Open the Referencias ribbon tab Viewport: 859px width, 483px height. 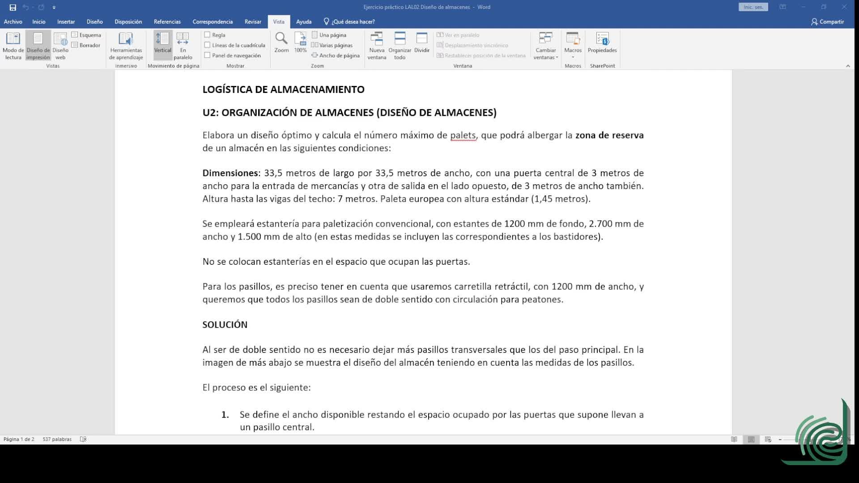click(x=167, y=21)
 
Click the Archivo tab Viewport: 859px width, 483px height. click(x=13, y=21)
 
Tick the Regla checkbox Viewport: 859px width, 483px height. click(x=207, y=35)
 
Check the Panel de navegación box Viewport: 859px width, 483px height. click(x=207, y=55)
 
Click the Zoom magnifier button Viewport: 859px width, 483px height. click(x=281, y=43)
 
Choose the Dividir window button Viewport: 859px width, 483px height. click(x=421, y=43)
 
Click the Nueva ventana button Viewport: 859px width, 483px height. click(x=377, y=45)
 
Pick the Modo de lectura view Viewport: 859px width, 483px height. click(x=13, y=45)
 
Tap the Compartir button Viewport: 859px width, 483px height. click(x=827, y=21)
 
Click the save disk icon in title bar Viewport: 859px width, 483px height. click(x=13, y=7)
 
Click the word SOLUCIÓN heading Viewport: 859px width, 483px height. click(x=225, y=325)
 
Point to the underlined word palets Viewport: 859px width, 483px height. click(x=463, y=136)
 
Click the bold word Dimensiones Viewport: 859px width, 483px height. click(x=230, y=173)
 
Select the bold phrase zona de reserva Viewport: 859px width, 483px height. click(x=609, y=136)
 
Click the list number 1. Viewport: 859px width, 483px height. click(x=225, y=415)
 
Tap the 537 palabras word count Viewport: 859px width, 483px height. click(x=57, y=439)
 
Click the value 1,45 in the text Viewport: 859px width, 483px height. click(x=543, y=199)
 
